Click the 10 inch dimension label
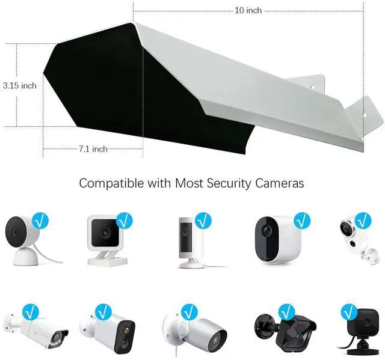coord(248,10)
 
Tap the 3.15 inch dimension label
coord(19,85)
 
